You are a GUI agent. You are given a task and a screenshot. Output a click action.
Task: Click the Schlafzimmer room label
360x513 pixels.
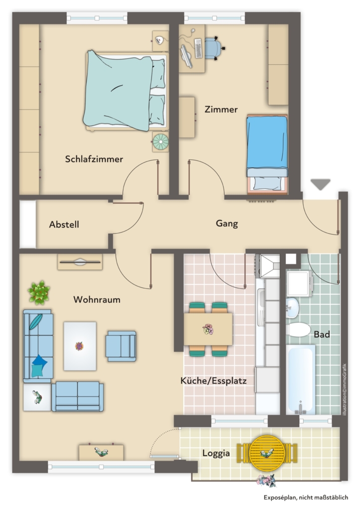tap(94, 159)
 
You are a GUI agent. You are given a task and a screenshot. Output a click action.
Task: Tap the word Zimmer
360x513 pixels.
tap(221, 109)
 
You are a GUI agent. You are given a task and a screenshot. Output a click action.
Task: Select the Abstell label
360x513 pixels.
tap(64, 225)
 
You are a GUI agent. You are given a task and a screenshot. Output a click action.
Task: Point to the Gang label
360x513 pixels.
tap(227, 224)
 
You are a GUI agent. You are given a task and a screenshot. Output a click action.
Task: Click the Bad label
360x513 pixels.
tap(322, 334)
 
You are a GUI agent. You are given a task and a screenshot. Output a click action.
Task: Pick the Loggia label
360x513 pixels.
tap(216, 453)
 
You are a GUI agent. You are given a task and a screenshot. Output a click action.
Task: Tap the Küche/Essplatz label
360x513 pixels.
tap(214, 381)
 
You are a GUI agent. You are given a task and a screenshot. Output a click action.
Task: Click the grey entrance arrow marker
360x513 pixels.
tap(321, 184)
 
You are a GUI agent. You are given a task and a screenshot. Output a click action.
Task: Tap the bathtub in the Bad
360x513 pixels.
tap(300, 380)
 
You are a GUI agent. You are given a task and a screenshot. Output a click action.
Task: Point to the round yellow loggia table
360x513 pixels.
tap(267, 453)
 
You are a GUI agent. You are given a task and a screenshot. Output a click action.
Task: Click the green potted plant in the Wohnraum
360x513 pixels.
tap(39, 292)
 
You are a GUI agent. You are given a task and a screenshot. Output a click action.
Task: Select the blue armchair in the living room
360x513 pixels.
tap(120, 346)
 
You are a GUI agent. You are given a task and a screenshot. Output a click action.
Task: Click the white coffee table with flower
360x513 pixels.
tap(80, 346)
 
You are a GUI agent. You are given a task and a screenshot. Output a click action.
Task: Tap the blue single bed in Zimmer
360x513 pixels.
tap(267, 153)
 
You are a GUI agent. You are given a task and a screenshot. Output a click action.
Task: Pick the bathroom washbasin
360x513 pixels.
tap(292, 308)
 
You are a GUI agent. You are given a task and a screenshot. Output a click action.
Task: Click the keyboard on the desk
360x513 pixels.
tap(198, 48)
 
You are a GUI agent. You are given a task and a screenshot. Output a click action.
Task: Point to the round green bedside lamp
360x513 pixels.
tap(160, 141)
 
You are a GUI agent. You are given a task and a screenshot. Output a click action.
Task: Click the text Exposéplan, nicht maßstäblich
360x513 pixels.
tap(306, 498)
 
